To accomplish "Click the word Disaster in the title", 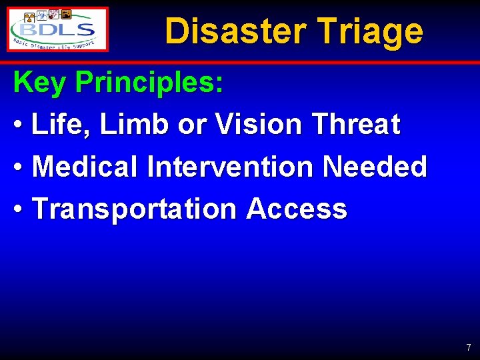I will [x=235, y=31].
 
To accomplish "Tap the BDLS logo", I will [x=59, y=29].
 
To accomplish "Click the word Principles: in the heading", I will [x=150, y=83].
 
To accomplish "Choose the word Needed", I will [x=375, y=167].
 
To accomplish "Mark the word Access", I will [x=297, y=209].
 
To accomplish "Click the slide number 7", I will [x=468, y=347].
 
